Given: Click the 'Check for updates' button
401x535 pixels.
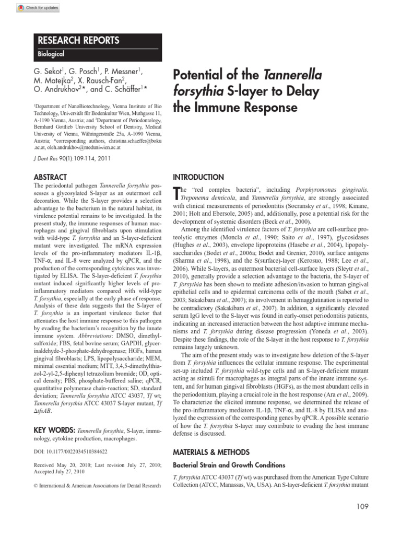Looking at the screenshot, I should (x=38, y=8).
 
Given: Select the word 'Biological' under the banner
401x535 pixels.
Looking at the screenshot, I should (x=51, y=54).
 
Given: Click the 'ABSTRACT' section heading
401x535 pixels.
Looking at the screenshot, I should (x=50, y=177).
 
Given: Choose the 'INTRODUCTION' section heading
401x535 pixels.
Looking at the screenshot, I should (x=198, y=177).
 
